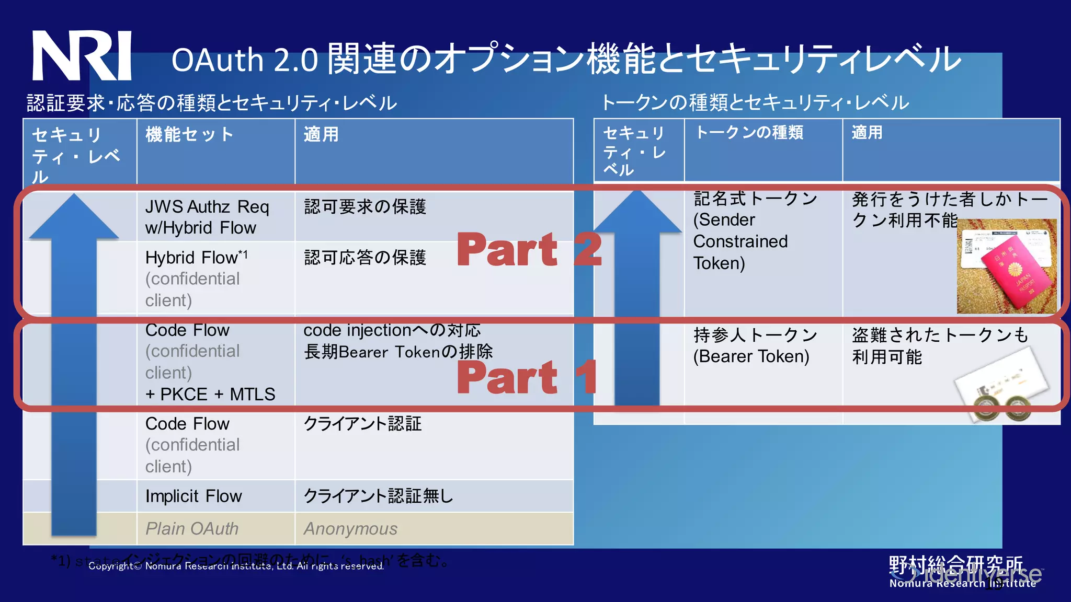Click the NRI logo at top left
click(82, 55)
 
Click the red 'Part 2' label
click(529, 249)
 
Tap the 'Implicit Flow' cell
click(193, 496)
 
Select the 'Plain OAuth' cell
click(191, 528)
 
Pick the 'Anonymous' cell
click(350, 528)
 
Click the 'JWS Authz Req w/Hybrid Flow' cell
click(207, 217)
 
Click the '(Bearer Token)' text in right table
click(751, 356)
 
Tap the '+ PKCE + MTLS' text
click(210, 394)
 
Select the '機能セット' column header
click(189, 135)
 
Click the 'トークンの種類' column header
click(749, 133)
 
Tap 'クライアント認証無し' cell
click(378, 496)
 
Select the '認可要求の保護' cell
click(365, 206)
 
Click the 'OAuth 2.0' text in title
click(244, 60)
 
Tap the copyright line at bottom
click(236, 566)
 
